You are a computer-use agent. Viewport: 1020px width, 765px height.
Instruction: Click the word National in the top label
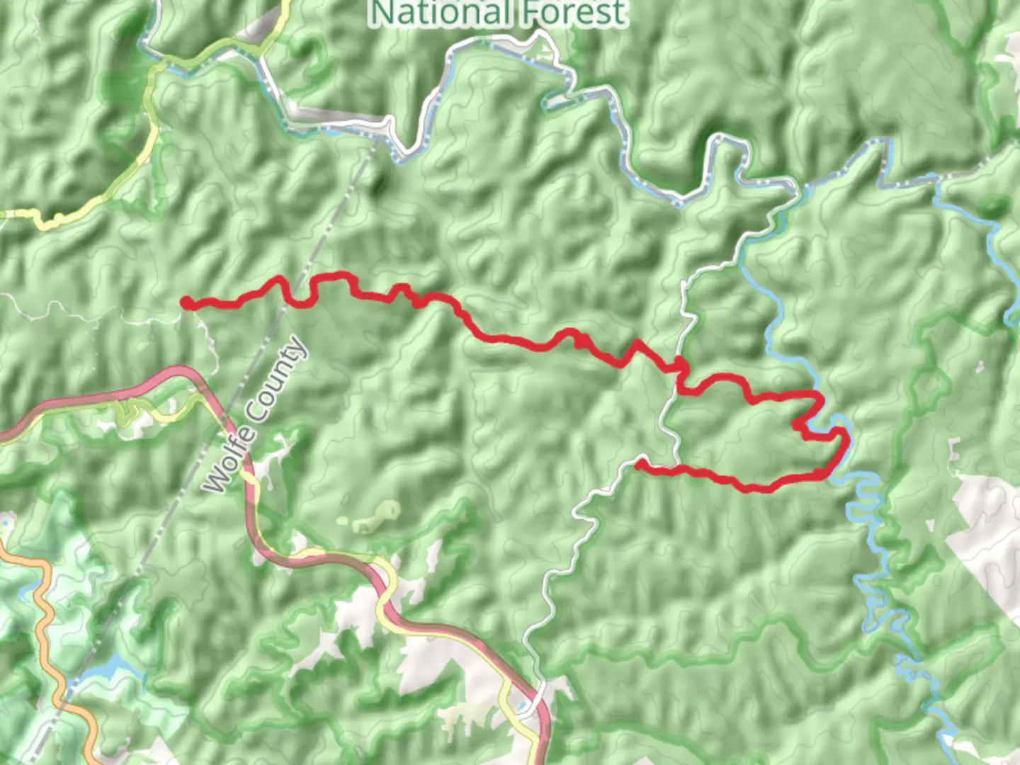(x=439, y=13)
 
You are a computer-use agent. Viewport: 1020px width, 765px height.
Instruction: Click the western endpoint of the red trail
(x=187, y=303)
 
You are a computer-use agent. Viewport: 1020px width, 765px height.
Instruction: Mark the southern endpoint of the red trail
(x=639, y=465)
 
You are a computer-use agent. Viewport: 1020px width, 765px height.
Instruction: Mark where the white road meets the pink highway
(x=540, y=691)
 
